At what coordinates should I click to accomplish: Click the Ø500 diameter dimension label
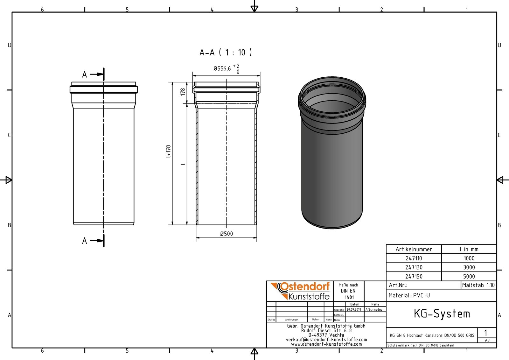tap(227, 234)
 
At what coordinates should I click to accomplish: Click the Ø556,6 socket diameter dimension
tap(226, 68)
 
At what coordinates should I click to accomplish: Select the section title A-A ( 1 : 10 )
tap(226, 52)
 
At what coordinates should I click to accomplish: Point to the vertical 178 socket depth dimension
tap(183, 92)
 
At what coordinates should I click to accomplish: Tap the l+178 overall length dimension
tap(169, 152)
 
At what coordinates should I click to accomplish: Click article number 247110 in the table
tap(414, 258)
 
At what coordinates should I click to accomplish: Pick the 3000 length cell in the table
tap(469, 267)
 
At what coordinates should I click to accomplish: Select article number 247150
tap(414, 276)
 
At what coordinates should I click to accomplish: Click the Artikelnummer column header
tap(414, 249)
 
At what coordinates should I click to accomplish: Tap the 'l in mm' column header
tap(469, 249)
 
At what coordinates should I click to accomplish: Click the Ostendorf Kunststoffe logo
tap(300, 291)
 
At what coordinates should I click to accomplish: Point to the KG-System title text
tap(442, 314)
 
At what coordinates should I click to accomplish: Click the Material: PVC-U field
tap(409, 295)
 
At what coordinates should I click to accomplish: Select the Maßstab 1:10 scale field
tap(478, 285)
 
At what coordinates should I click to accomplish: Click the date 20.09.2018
tap(354, 309)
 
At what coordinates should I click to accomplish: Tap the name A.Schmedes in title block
tap(374, 309)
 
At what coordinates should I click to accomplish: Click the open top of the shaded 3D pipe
tap(332, 94)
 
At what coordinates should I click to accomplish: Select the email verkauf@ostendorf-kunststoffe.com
tap(326, 340)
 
